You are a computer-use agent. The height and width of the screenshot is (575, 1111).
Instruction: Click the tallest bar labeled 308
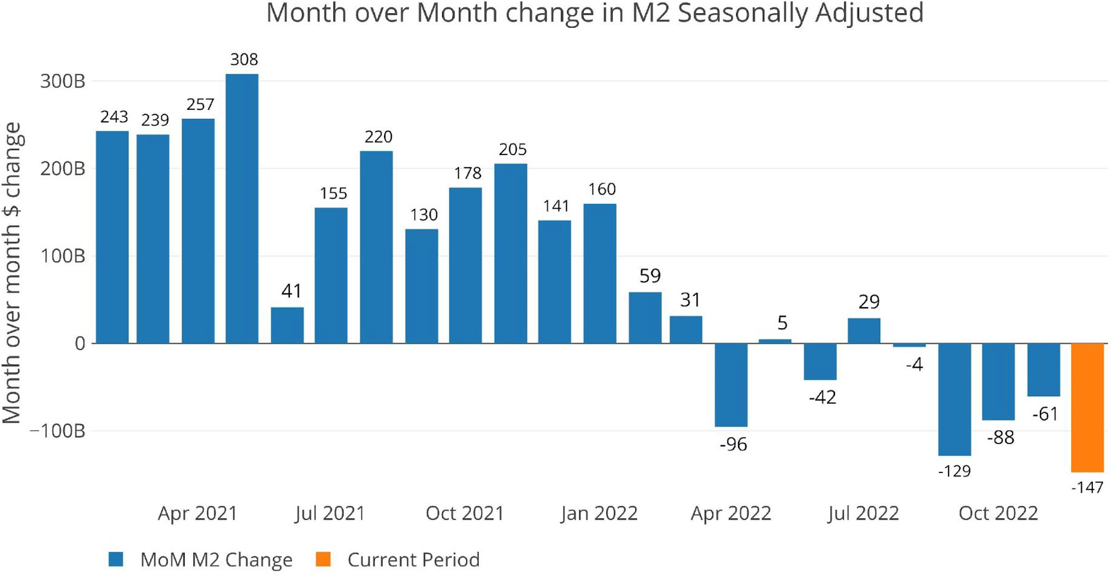point(242,208)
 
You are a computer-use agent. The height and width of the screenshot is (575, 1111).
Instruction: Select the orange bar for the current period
point(1087,407)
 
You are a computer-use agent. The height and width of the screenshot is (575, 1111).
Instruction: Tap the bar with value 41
point(287,325)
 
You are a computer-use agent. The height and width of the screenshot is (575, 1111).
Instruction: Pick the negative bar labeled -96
point(731,385)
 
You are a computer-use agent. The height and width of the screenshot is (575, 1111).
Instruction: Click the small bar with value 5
point(775,341)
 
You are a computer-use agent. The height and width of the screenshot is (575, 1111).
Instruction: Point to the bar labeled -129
point(954,399)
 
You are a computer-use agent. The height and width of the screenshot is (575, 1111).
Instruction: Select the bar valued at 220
point(376,247)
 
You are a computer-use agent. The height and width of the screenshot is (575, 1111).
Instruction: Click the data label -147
point(1087,487)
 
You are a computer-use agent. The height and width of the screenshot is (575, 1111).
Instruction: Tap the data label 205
point(512,149)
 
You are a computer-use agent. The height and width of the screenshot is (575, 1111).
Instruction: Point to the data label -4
point(914,364)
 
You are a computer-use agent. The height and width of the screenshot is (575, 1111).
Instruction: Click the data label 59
point(650,276)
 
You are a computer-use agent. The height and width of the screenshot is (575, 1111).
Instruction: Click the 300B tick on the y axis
point(63,81)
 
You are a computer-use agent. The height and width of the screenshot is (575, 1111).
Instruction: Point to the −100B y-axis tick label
point(58,431)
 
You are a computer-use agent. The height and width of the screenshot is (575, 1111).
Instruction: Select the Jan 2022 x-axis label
point(598,513)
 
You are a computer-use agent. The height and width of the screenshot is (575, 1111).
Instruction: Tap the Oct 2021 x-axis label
point(464,513)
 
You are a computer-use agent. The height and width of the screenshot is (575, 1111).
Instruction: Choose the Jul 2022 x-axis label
point(863,513)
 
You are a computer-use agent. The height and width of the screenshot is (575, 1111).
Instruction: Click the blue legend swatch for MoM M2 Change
point(116,559)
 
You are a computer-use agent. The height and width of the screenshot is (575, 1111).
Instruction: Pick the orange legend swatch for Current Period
point(323,559)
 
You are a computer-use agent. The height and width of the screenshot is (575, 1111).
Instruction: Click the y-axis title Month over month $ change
point(12,273)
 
